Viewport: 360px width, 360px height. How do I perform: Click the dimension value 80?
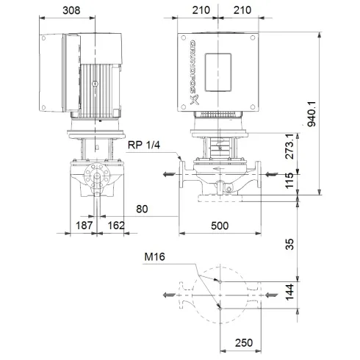[x=143, y=209]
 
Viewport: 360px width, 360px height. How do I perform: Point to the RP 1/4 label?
[x=144, y=145]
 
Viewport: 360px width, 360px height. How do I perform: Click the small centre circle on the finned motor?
[x=94, y=85]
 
